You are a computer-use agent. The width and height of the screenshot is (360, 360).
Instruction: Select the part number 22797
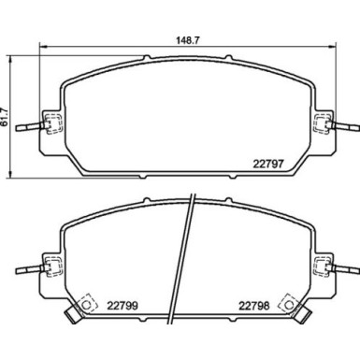tap(269, 165)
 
